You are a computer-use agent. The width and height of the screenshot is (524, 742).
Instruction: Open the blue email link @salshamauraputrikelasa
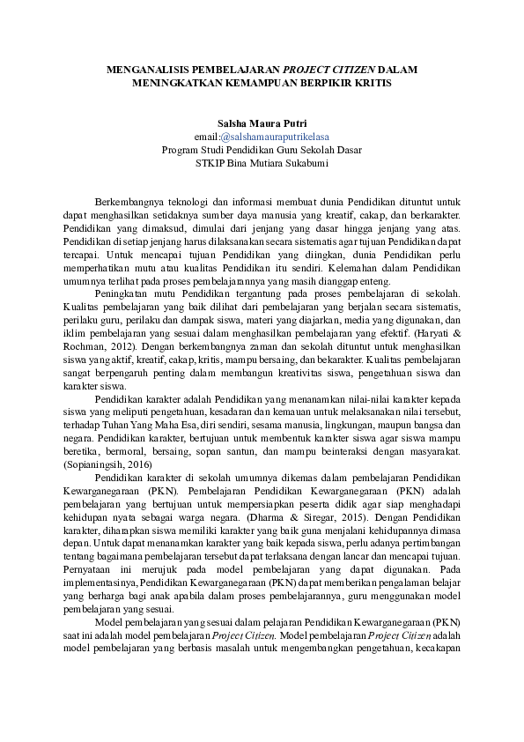pos(276,137)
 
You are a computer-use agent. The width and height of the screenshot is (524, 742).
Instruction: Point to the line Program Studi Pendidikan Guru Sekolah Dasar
pos(261,150)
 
